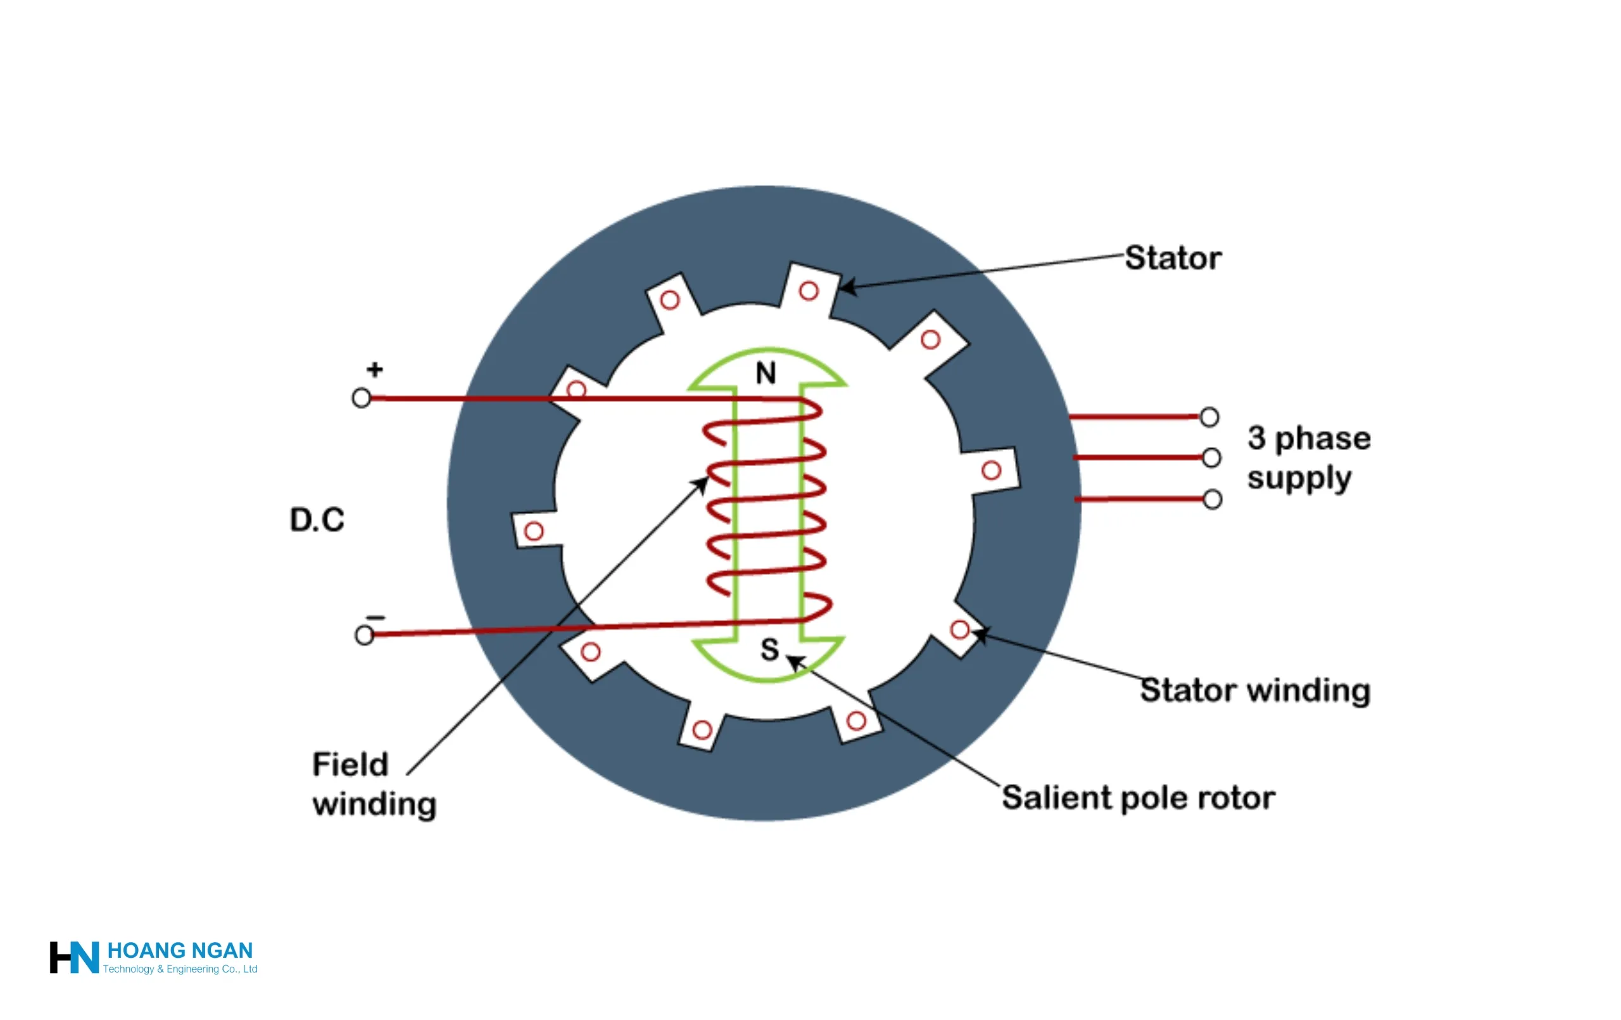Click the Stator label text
[1173, 258]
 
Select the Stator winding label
[1255, 691]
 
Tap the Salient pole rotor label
[1138, 798]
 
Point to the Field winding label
[374, 784]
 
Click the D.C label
[317, 520]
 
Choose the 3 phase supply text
[1308, 458]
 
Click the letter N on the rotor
[766, 373]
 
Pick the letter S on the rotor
[769, 650]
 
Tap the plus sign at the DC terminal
[375, 369]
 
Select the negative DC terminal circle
[364, 635]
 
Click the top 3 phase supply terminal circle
[1209, 417]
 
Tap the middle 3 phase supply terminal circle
[1211, 458]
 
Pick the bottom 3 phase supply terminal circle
[1213, 500]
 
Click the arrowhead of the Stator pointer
[846, 287]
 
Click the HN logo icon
[74, 957]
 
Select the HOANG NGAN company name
[180, 950]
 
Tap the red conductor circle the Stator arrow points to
[809, 291]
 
